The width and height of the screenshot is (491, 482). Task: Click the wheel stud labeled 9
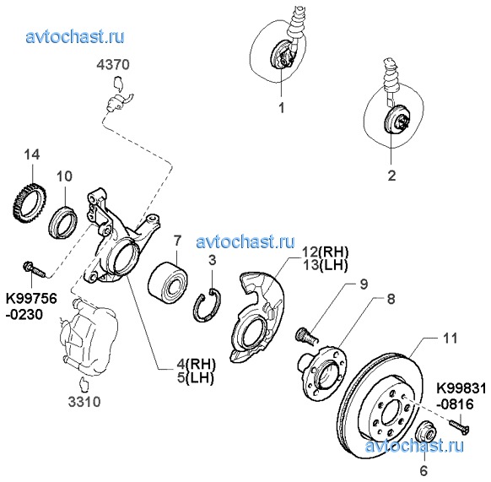[x=306, y=336]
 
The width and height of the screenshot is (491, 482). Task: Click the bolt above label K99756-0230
[x=35, y=269]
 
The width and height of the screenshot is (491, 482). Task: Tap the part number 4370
[x=113, y=64]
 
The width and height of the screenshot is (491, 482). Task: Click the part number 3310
[x=84, y=402]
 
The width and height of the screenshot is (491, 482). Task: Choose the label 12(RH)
[x=326, y=252]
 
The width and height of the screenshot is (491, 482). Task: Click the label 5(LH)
[x=196, y=377]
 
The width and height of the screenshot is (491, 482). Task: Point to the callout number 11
[x=451, y=338]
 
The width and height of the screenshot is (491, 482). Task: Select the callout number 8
[x=391, y=299]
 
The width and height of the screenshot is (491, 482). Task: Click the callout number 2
[x=391, y=176]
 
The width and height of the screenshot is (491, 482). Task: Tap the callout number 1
[x=282, y=108]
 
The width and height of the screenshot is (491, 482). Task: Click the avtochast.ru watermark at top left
[x=75, y=37]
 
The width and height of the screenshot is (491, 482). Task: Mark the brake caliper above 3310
[x=89, y=337]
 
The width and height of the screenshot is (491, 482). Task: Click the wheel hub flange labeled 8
[x=322, y=370]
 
